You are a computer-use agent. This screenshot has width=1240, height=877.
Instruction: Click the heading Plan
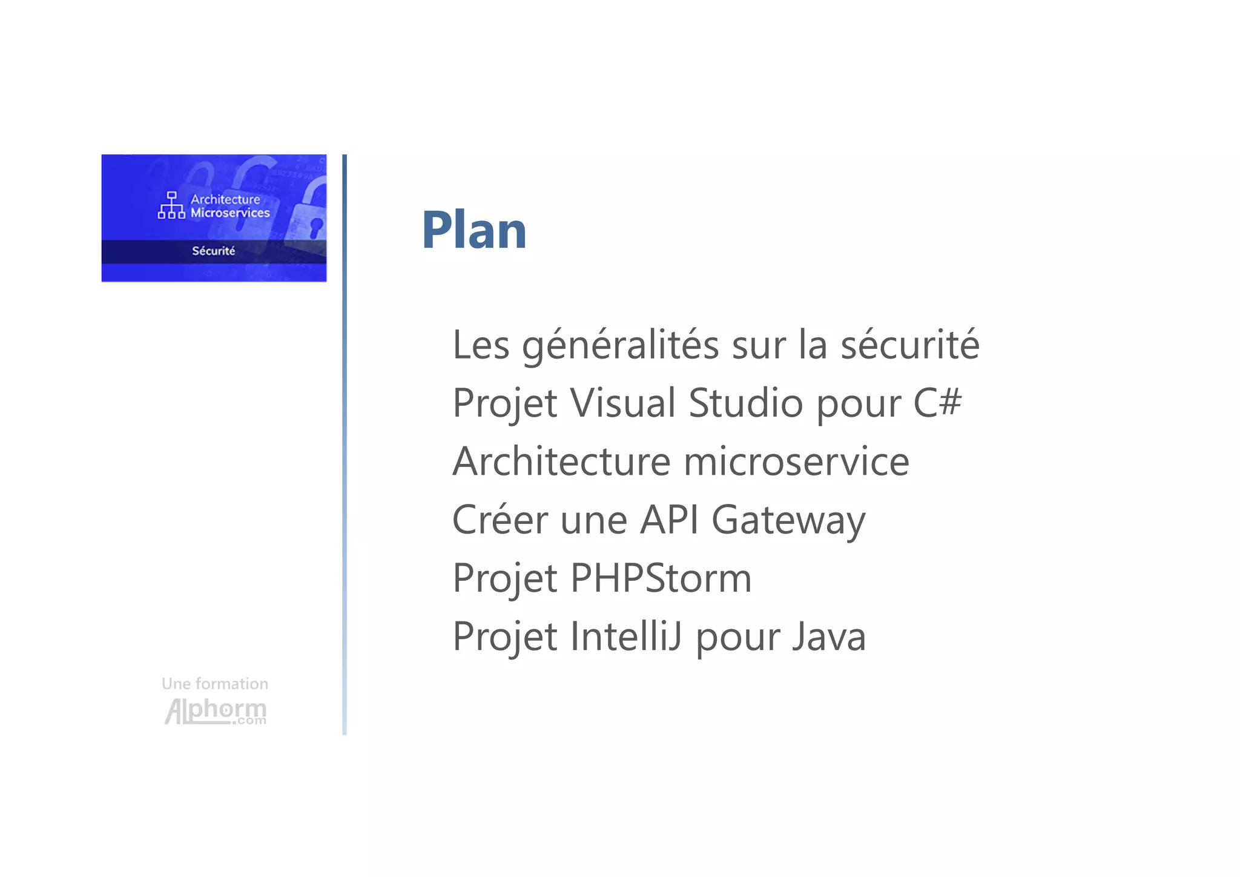(x=473, y=230)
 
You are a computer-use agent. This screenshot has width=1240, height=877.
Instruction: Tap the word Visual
(x=622, y=403)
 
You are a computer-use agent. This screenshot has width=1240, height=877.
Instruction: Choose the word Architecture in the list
(x=561, y=462)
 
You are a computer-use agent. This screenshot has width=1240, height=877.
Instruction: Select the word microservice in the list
(x=796, y=462)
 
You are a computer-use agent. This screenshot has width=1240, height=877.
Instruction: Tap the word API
(x=669, y=520)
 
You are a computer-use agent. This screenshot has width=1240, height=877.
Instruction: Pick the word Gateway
(x=788, y=521)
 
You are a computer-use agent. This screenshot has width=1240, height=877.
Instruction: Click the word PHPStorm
(x=661, y=578)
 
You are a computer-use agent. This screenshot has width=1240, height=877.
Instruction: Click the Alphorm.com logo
(x=216, y=711)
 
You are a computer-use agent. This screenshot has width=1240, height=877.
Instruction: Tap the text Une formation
(x=215, y=684)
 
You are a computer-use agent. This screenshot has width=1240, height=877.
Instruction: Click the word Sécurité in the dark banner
(x=213, y=251)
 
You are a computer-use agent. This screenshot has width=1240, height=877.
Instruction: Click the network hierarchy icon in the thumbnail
(x=171, y=205)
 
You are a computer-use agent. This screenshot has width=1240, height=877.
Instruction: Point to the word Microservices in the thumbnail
(x=230, y=213)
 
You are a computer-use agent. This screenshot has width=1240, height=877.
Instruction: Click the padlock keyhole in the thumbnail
(x=316, y=227)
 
